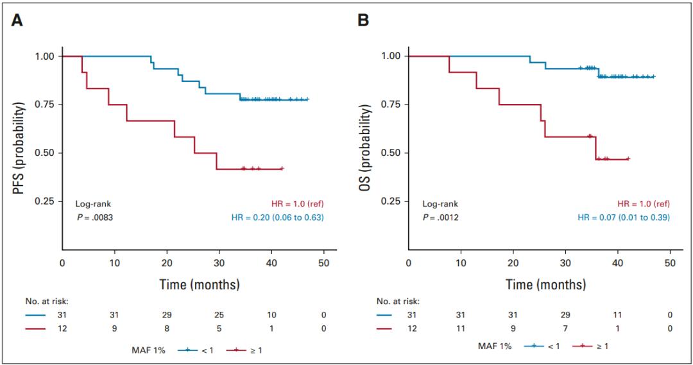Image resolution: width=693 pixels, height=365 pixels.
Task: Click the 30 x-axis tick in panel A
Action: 219,264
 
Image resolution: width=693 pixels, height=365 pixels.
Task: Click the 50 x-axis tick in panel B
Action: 670,264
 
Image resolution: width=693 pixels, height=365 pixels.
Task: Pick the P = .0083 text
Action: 95,217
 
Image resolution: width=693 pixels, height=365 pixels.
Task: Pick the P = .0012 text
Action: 441,217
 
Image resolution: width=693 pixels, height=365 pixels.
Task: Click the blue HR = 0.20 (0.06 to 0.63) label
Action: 277,217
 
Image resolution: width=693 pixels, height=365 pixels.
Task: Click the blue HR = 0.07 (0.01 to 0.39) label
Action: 624,217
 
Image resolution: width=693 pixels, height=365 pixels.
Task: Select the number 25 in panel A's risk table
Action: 219,315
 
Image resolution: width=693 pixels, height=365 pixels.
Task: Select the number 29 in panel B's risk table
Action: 566,315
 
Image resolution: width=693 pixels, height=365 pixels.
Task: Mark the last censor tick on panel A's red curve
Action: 282,169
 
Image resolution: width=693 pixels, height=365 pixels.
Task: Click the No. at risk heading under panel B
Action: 399,301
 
